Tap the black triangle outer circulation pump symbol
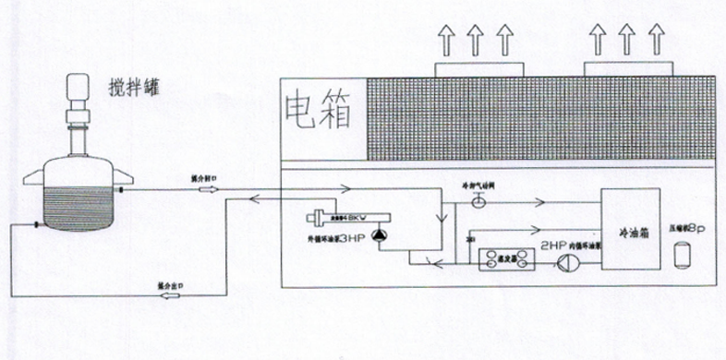point(380,236)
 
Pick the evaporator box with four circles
point(507,261)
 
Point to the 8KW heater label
point(357,218)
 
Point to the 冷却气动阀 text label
point(479,186)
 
